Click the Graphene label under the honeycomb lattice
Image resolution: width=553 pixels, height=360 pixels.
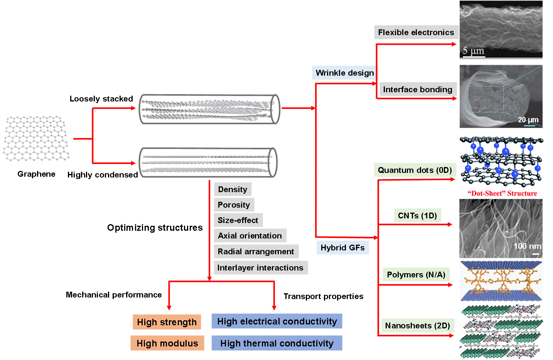(36, 174)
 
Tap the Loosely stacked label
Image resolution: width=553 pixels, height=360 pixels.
(101, 99)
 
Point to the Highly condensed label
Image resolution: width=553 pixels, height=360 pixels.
(103, 175)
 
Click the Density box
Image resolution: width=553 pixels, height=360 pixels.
(233, 189)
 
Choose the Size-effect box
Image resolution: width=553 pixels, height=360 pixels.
(238, 220)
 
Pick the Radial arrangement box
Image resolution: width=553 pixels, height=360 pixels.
(256, 252)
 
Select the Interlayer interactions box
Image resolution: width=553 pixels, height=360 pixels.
(260, 268)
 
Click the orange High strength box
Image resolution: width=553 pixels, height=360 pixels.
(167, 322)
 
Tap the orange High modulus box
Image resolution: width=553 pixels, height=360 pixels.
(167, 343)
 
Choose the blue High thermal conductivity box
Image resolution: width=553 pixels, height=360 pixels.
(277, 343)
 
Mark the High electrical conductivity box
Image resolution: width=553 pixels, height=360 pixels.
(277, 321)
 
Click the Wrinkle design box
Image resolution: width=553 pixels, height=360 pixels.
(345, 73)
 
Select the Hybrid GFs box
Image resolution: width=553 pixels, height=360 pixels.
(342, 248)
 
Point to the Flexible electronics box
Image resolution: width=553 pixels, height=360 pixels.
(416, 32)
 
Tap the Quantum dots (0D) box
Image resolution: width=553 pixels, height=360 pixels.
(415, 170)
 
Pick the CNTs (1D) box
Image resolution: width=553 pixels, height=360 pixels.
(417, 216)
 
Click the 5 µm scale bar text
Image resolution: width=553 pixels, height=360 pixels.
(473, 51)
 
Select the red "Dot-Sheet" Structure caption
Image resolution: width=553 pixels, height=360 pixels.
(502, 193)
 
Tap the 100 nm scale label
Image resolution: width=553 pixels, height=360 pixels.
(527, 246)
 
